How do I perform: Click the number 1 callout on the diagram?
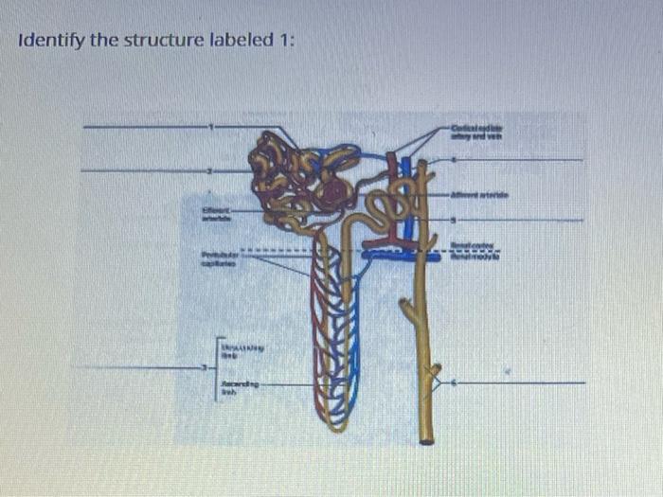(212, 126)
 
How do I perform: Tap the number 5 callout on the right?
(453, 220)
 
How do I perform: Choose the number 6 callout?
(453, 383)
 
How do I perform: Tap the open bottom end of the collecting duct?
(426, 439)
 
